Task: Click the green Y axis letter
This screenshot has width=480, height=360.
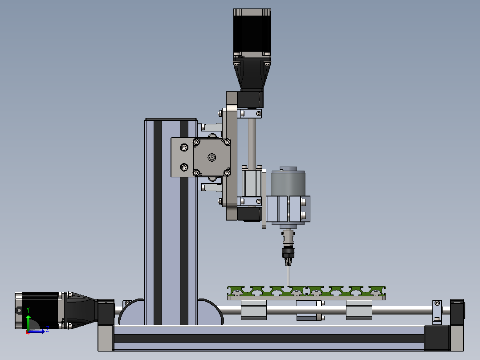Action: pos(28,310)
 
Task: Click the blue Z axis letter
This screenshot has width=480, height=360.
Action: pos(48,330)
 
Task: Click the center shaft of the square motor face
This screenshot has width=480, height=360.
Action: pos(212,157)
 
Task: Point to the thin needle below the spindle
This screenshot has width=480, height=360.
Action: pos(289,276)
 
